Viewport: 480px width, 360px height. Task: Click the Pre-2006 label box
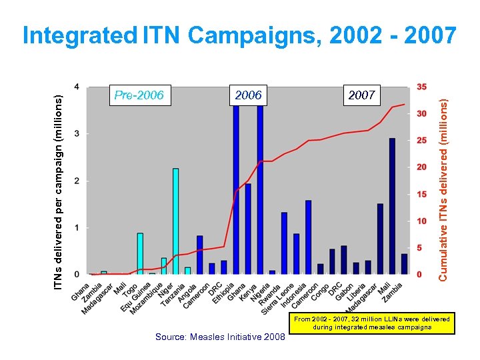pyautogui.click(x=139, y=95)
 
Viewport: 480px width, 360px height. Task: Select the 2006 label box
pyautogui.click(x=249, y=95)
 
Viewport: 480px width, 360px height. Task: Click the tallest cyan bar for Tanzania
pyautogui.click(x=175, y=221)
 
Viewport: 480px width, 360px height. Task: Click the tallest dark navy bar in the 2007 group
pyautogui.click(x=392, y=206)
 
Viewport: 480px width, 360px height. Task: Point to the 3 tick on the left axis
pyautogui.click(x=77, y=133)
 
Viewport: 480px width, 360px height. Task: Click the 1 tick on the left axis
pyautogui.click(x=77, y=228)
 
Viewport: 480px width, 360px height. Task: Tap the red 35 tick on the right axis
pyautogui.click(x=422, y=87)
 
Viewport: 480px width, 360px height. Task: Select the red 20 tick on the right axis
pyautogui.click(x=422, y=167)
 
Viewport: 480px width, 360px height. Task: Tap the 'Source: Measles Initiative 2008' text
pyautogui.click(x=219, y=337)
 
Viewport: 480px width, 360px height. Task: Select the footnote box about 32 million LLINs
pyautogui.click(x=372, y=323)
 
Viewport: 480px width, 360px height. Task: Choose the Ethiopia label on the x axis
pyautogui.click(x=223, y=293)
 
